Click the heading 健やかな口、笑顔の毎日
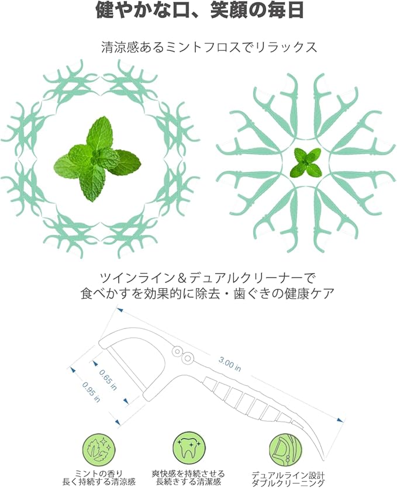pos(199,11)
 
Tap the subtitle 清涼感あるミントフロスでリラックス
pos(209,47)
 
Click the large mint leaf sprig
pos(97,159)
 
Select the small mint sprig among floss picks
pos(305,162)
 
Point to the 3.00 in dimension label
pos(230,364)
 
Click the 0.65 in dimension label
pos(108,380)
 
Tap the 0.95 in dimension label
pos(91,392)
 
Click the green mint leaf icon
pos(99,449)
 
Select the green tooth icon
pos(188,448)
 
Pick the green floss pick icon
pos(285,449)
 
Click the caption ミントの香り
pos(99,473)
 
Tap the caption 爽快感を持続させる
pos(188,474)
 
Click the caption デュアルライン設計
pos(288,476)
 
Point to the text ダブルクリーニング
pos(288,484)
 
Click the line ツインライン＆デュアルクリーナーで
pos(208,277)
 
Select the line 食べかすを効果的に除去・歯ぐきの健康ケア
pos(208,293)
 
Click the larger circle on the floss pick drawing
pos(188,358)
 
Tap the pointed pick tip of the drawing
pos(324,458)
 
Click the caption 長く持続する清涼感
pos(99,482)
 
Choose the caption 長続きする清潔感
pos(188,482)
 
